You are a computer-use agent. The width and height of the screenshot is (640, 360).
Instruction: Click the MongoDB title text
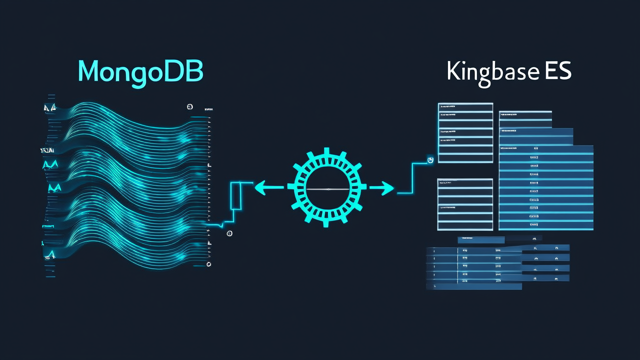140,71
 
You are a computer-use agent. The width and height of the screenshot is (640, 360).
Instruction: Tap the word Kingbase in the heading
493,72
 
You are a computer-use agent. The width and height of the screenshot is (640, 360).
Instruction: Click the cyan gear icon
326,188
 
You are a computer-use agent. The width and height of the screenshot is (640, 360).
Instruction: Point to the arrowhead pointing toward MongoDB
260,188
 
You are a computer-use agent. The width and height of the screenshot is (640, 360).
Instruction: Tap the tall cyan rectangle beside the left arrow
236,195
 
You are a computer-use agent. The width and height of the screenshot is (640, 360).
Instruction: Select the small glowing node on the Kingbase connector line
429,159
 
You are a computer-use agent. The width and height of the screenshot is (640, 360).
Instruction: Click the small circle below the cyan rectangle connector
229,233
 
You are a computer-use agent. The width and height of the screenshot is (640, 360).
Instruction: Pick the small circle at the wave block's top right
190,106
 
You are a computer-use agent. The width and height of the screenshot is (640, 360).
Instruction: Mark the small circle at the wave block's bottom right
209,264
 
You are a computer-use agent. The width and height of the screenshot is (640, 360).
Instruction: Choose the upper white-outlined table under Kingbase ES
465,132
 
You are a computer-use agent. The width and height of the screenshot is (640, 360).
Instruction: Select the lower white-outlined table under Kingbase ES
465,204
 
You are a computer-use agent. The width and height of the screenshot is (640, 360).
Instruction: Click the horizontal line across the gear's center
326,189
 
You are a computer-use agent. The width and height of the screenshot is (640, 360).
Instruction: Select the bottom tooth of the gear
326,223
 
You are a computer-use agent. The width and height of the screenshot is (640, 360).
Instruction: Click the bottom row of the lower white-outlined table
465,224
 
